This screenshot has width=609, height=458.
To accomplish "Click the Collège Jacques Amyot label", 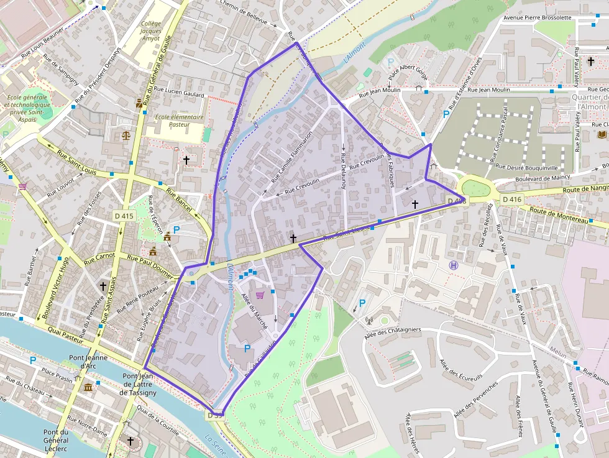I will pyautogui.click(x=150, y=31).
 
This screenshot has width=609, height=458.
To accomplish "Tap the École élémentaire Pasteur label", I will pyautogui.click(x=179, y=121).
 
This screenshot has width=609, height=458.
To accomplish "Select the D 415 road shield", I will pyautogui.click(x=124, y=216).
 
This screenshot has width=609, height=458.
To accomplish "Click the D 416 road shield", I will pyautogui.click(x=512, y=199).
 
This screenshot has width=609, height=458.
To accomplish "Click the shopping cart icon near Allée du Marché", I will pyautogui.click(x=260, y=295).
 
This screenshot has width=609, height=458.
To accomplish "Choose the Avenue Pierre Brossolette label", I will pyautogui.click(x=538, y=17).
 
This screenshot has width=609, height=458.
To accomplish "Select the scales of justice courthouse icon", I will pyautogui.click(x=127, y=134).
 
